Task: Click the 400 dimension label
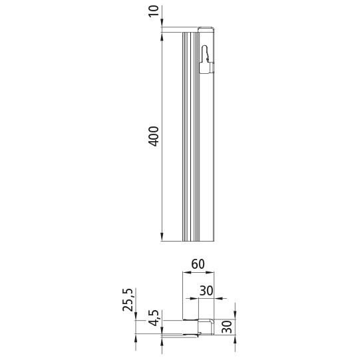pyautogui.click(x=153, y=136)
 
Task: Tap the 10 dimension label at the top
pyautogui.click(x=154, y=11)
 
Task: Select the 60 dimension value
pyautogui.click(x=198, y=264)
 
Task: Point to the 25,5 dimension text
pyautogui.click(x=128, y=299)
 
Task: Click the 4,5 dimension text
pyautogui.click(x=153, y=318)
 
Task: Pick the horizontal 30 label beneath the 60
pyautogui.click(x=206, y=291)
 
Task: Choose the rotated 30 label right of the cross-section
pyautogui.click(x=227, y=327)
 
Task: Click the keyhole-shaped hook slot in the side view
pyautogui.click(x=206, y=60)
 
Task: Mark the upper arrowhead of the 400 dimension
pyautogui.click(x=162, y=36)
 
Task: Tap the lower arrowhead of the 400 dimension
pyautogui.click(x=162, y=237)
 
